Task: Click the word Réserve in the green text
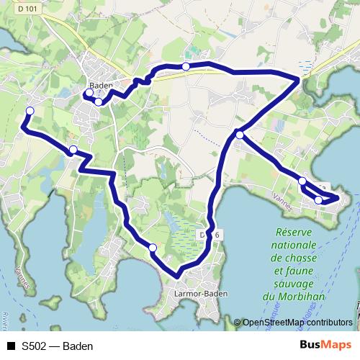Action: (297, 232)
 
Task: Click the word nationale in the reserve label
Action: (296, 245)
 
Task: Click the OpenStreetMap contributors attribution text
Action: (297, 323)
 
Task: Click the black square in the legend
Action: (10, 346)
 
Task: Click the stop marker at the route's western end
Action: (30, 110)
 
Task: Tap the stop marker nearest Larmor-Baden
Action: (153, 248)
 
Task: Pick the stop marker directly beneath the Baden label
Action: (98, 102)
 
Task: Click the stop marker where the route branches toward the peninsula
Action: (239, 133)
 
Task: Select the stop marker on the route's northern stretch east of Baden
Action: (186, 66)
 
